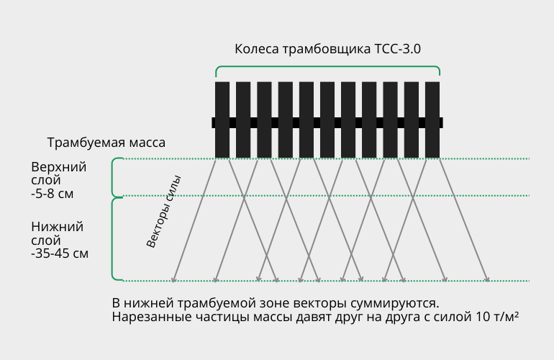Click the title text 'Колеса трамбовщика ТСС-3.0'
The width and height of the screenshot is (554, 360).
pos(327,49)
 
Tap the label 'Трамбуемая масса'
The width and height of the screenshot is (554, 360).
pos(106,143)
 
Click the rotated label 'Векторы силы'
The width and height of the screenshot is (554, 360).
pos(163,212)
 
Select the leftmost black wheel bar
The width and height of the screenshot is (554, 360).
pos(222,120)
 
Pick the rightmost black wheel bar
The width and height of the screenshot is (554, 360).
pos(432,120)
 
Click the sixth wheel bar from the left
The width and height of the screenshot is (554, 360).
pos(327,120)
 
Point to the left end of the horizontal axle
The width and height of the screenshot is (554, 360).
pos(212,122)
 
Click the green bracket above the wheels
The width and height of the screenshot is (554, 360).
pos(327,66)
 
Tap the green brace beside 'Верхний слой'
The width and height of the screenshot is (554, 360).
pos(113,177)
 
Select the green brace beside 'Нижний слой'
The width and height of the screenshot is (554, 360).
pos(113,239)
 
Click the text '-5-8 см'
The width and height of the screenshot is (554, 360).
pos(53,194)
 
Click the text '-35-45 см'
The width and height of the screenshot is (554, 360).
pos(60,253)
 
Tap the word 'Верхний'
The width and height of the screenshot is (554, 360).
pos(59,167)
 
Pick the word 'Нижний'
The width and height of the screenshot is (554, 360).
pos(58,227)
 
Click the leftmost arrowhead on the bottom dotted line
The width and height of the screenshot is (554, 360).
pos(173,280)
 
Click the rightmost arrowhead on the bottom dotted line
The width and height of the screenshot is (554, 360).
pos(487,280)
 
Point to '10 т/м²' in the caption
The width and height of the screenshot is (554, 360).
pos(497,317)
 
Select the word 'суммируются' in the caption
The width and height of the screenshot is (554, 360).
pos(395,304)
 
